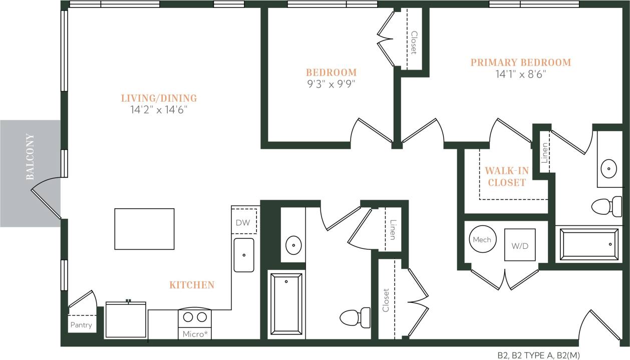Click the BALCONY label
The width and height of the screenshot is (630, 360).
[30, 157]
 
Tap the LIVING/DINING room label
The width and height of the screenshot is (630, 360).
[159, 98]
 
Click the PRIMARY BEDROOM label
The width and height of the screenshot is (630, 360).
[520, 63]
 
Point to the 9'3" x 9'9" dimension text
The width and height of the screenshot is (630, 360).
[331, 84]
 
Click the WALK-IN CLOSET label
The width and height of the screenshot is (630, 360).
[506, 177]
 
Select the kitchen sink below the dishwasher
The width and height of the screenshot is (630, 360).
[244, 255]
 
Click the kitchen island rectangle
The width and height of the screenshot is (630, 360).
[144, 229]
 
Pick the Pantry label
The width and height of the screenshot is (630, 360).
[81, 325]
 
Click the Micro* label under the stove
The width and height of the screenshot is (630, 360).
[195, 334]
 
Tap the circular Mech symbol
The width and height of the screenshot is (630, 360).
[482, 240]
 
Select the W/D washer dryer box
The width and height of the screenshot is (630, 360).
[519, 245]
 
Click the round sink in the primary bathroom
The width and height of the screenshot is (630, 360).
[608, 168]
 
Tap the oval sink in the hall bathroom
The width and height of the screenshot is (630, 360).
[293, 245]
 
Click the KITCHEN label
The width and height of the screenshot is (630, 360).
[192, 285]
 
